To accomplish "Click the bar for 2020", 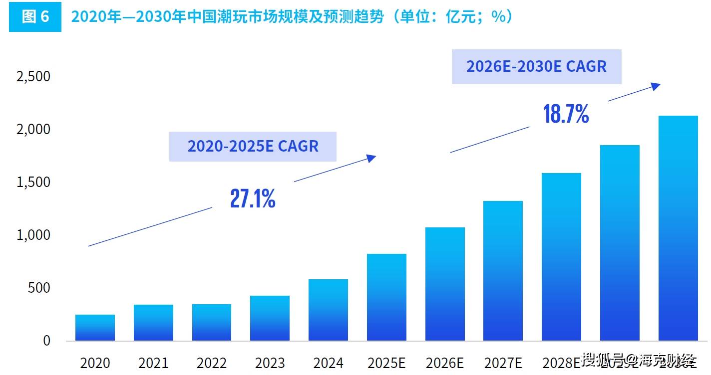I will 95,328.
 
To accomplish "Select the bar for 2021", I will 153,323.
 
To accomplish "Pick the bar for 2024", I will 328,310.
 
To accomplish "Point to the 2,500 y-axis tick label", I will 33,76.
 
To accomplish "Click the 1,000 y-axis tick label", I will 33,235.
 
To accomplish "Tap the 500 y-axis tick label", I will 40,288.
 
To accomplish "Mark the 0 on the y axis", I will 46,341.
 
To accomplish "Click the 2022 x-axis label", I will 211,363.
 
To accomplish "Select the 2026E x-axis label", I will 444,363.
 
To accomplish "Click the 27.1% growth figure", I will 253,198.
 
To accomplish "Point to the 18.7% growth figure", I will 566,114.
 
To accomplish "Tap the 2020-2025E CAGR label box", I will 253,146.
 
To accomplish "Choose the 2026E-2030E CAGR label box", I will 536,66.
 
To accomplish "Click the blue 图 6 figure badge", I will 35,17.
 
